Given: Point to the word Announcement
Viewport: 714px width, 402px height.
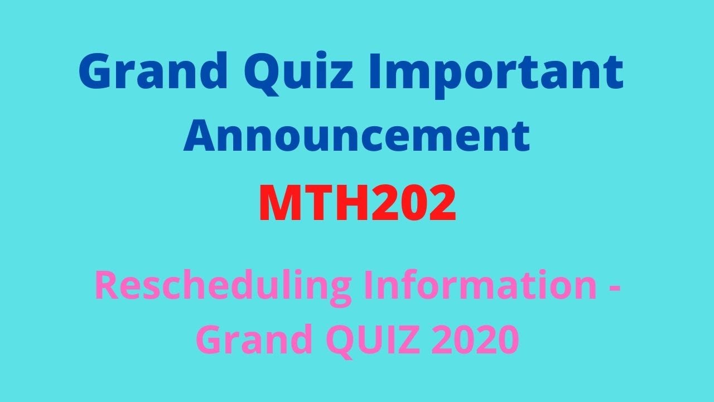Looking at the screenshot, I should click(357, 136).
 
